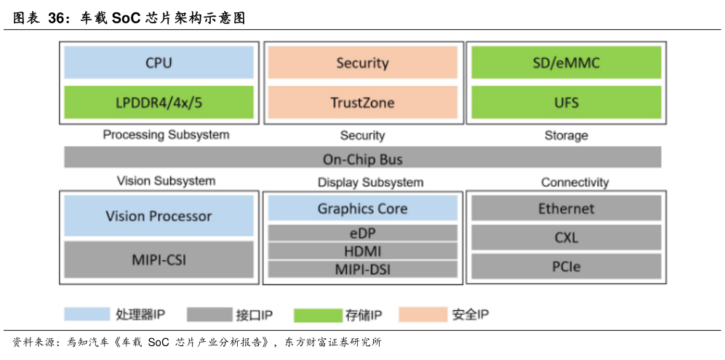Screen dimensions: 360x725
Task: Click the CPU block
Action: coord(159,63)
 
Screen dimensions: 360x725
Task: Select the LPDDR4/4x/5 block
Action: coord(159,103)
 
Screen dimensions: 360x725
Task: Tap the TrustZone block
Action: coord(362,103)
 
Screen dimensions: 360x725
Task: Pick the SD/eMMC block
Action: coord(566,63)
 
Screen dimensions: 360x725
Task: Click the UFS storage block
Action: coord(566,103)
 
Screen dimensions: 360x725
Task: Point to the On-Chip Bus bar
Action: coord(362,159)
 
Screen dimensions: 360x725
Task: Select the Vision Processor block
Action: coord(159,216)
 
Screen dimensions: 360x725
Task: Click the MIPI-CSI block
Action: coord(159,258)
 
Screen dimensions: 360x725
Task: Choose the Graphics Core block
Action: coord(362,209)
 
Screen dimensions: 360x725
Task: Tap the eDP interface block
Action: coord(362,233)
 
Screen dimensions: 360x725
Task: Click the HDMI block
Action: coord(362,251)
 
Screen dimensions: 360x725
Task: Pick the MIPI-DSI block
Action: coord(362,269)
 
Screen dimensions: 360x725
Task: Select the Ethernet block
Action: coord(566,209)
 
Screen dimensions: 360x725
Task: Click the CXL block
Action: coord(566,237)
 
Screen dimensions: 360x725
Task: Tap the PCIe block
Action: coord(566,266)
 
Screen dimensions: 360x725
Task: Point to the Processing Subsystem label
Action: coord(166,135)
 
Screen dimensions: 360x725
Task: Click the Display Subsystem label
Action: coord(370,182)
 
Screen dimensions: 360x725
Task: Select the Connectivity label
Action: coord(574,182)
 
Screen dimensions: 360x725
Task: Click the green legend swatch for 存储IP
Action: coord(317,315)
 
